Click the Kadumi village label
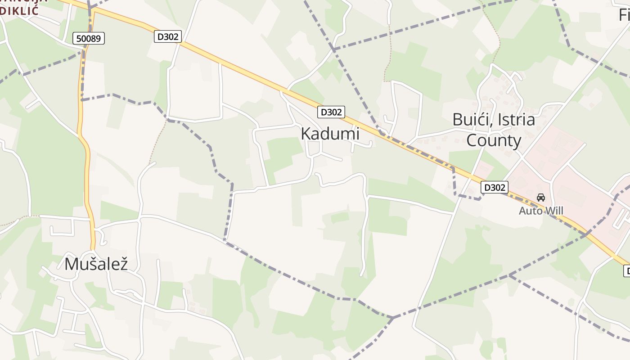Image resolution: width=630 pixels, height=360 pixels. tap(330, 134)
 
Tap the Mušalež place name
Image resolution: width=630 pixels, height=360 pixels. tap(96, 264)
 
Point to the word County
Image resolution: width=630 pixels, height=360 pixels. tap(494, 140)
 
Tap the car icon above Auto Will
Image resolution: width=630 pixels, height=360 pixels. tap(541, 198)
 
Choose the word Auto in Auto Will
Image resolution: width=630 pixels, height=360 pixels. tap(529, 211)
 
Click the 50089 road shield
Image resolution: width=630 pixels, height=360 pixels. tap(89, 39)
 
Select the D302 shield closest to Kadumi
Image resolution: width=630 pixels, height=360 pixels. tap(331, 112)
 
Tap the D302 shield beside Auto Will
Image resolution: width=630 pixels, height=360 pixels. tap(494, 187)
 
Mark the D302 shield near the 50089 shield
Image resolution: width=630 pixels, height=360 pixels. tap(168, 36)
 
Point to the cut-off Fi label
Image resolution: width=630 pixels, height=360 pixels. tap(624, 15)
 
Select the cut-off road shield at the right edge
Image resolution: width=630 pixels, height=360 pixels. tap(626, 271)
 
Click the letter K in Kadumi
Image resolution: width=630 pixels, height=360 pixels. tap(306, 134)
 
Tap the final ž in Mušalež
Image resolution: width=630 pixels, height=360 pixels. tap(123, 264)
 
